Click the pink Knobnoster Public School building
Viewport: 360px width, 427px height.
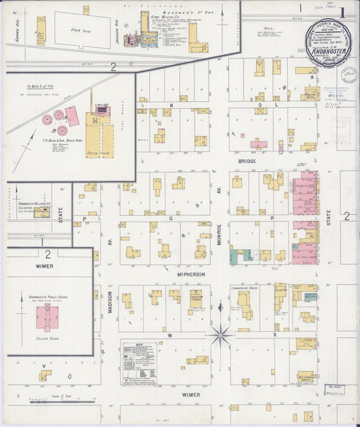46,316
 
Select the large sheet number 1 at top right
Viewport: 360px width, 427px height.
343,11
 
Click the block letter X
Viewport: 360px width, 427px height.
275,334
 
